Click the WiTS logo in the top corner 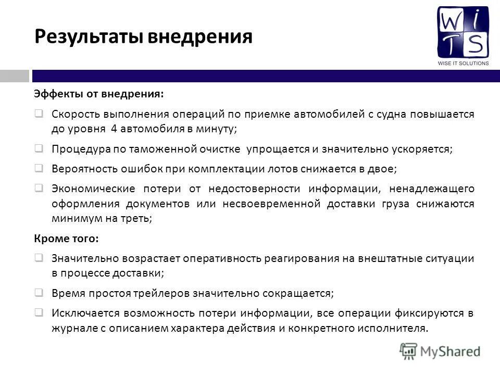[463, 32]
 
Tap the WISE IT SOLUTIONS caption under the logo [463, 63]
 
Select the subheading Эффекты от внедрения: [98, 94]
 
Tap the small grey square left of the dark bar [14, 76]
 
